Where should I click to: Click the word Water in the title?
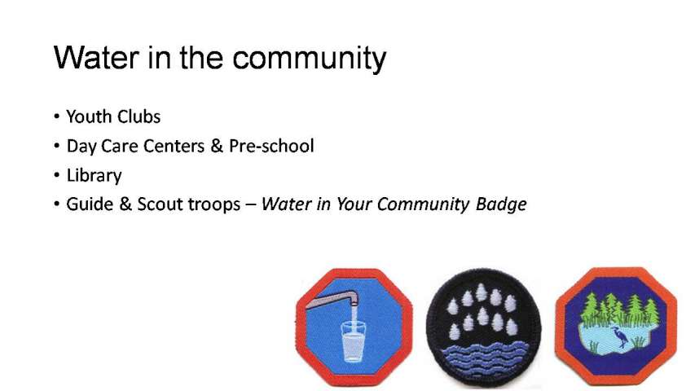pos(96,58)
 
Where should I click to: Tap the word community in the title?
pos(310,59)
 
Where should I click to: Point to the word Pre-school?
pos(271,146)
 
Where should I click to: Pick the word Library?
pos(94,176)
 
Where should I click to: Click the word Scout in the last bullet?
pos(160,204)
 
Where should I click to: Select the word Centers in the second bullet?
pos(174,146)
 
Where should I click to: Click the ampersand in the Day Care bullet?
pos(217,146)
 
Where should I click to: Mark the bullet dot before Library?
pos(57,175)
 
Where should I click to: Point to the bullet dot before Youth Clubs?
pos(57,116)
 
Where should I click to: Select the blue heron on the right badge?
pos(620,337)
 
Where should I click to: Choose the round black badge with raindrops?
pos(484,327)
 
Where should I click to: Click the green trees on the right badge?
pos(621,309)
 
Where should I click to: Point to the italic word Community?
pos(423,204)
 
